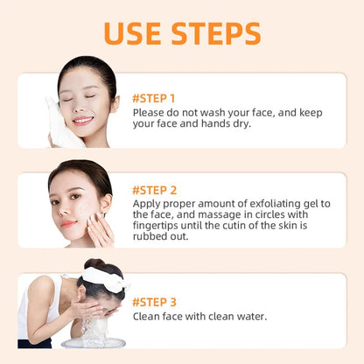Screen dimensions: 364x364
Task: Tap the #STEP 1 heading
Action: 153,97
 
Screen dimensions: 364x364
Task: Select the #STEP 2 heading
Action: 154,189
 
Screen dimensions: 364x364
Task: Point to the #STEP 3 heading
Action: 154,301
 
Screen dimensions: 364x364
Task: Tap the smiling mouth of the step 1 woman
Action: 82,120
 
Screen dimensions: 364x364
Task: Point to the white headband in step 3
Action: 103,277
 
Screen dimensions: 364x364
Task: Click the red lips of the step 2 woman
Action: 69,222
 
